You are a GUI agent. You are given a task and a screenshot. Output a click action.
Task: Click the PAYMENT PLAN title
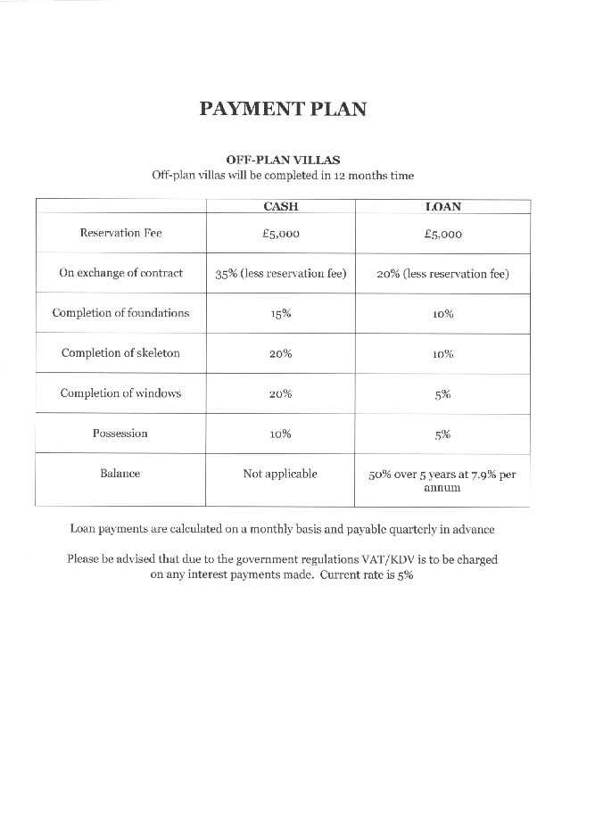283,109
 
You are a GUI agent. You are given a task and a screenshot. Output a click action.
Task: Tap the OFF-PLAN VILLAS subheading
283,161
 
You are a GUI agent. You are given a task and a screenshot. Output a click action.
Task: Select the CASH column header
280,206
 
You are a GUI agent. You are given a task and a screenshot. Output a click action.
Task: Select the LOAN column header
442,206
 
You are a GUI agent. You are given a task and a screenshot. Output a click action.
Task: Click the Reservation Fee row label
121,233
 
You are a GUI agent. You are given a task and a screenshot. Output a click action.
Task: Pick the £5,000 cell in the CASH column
280,234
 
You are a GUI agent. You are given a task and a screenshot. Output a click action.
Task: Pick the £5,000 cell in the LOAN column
442,234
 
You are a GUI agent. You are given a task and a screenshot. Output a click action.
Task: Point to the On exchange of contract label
120,273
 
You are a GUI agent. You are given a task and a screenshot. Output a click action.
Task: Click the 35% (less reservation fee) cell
280,274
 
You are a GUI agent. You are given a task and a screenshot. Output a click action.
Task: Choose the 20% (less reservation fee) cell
442,274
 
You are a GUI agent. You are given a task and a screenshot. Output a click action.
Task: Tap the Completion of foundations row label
120,313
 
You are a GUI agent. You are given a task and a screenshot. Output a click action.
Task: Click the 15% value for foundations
280,314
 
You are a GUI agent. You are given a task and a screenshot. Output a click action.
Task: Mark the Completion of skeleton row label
120,353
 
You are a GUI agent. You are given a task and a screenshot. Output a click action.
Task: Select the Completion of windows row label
120,393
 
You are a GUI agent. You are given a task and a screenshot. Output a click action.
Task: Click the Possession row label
120,434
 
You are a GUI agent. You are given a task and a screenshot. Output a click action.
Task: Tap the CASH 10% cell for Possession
280,434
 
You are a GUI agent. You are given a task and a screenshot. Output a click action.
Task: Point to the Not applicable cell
280,474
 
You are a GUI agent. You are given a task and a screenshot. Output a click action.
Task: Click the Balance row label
120,474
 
